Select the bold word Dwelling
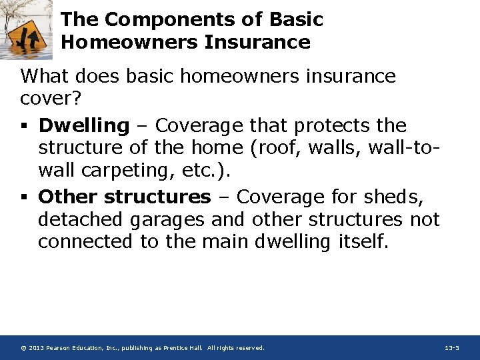[x=83, y=125]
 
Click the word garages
[x=167, y=219]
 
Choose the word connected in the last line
[x=86, y=241]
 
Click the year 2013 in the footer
[x=37, y=348]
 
